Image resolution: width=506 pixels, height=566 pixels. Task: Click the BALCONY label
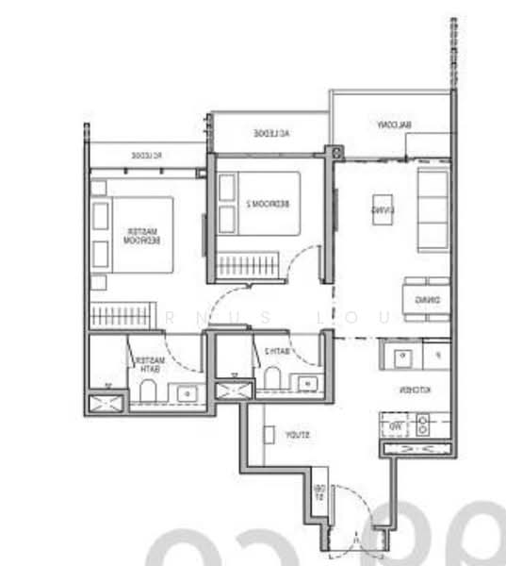(x=395, y=125)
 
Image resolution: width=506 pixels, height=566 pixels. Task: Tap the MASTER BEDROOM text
(x=142, y=235)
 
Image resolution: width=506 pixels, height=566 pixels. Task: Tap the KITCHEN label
(x=413, y=389)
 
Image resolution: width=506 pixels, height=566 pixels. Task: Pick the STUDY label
(x=297, y=435)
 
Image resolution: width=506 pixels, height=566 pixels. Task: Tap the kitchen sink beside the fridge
(x=401, y=357)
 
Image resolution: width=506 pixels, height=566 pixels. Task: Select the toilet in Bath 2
(x=272, y=378)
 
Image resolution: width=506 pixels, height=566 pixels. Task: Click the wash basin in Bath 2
(x=307, y=383)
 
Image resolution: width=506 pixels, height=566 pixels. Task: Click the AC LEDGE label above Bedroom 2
(x=270, y=134)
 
